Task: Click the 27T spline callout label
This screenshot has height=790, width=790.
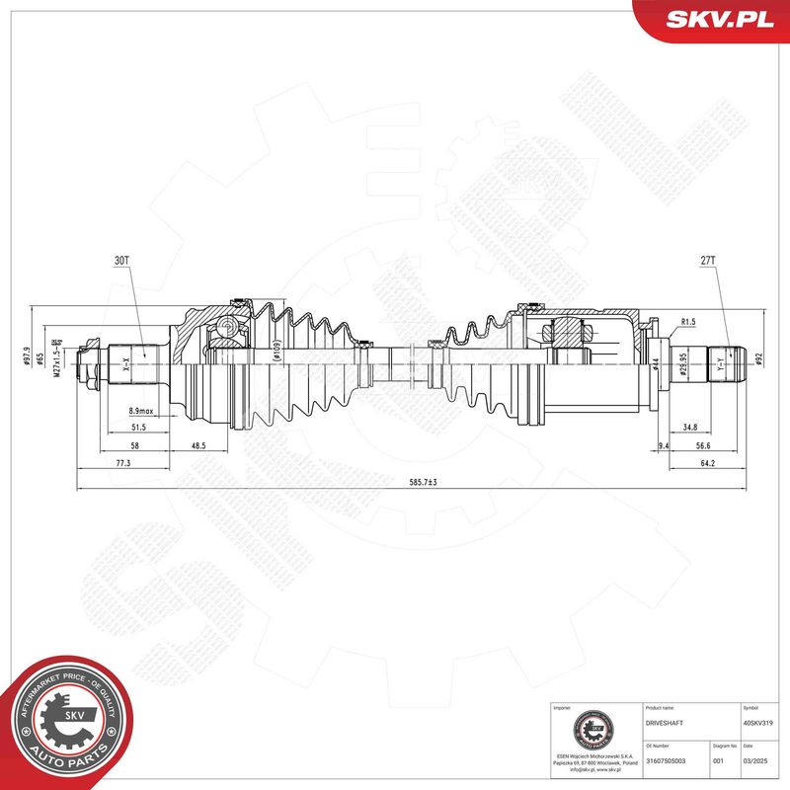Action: [x=707, y=261]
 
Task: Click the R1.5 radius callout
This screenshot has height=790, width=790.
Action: [x=689, y=323]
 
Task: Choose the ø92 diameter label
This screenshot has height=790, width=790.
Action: [x=759, y=357]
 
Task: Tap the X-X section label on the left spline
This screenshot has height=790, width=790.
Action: [x=125, y=364]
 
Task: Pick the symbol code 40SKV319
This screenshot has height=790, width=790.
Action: [x=756, y=724]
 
